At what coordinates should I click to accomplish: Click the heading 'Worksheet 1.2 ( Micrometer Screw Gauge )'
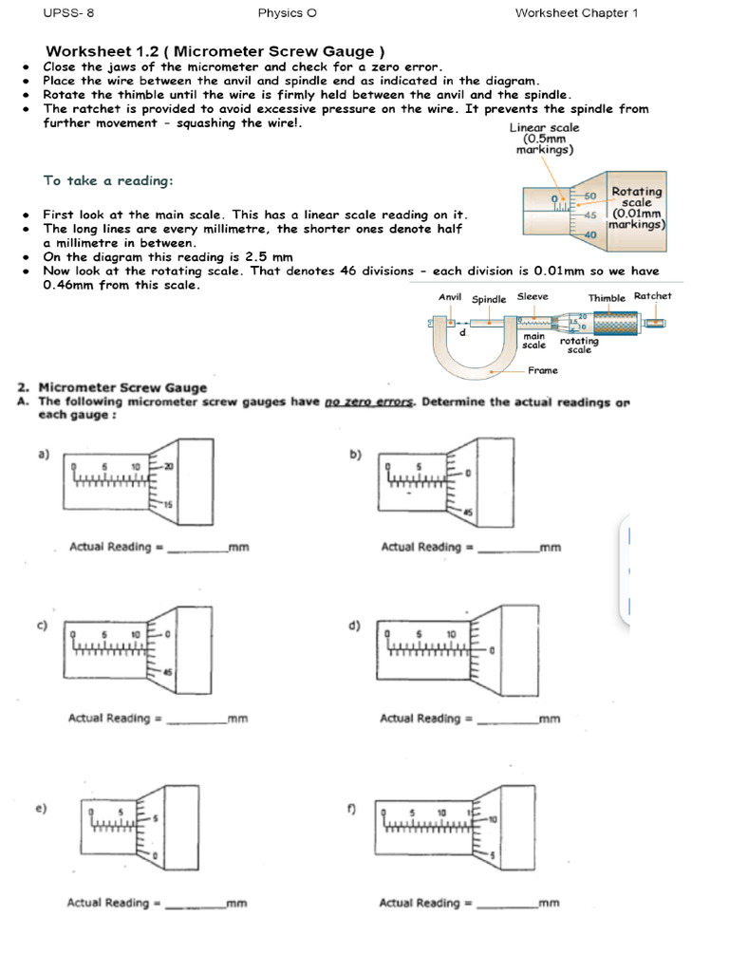pyautogui.click(x=215, y=50)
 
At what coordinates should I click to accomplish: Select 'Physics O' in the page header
pyautogui.click(x=280, y=13)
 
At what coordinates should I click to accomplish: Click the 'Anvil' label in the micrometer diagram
pyautogui.click(x=449, y=297)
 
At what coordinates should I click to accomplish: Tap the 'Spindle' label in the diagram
pyautogui.click(x=489, y=299)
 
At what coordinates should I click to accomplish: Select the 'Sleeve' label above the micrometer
pyautogui.click(x=533, y=297)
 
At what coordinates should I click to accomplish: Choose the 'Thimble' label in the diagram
pyautogui.click(x=607, y=298)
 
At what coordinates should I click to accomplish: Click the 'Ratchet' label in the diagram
pyautogui.click(x=652, y=296)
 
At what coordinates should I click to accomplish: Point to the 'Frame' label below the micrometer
pyautogui.click(x=542, y=371)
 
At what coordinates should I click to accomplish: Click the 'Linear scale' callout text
pyautogui.click(x=544, y=127)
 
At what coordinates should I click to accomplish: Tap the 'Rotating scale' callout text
pyautogui.click(x=637, y=197)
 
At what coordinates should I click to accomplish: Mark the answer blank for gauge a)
pyautogui.click(x=196, y=549)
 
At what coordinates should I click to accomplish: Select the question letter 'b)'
pyautogui.click(x=355, y=456)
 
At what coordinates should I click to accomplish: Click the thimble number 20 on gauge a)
pyautogui.click(x=168, y=467)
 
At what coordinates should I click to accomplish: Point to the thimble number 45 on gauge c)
pyautogui.click(x=168, y=672)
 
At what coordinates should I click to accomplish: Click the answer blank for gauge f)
pyautogui.click(x=507, y=905)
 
